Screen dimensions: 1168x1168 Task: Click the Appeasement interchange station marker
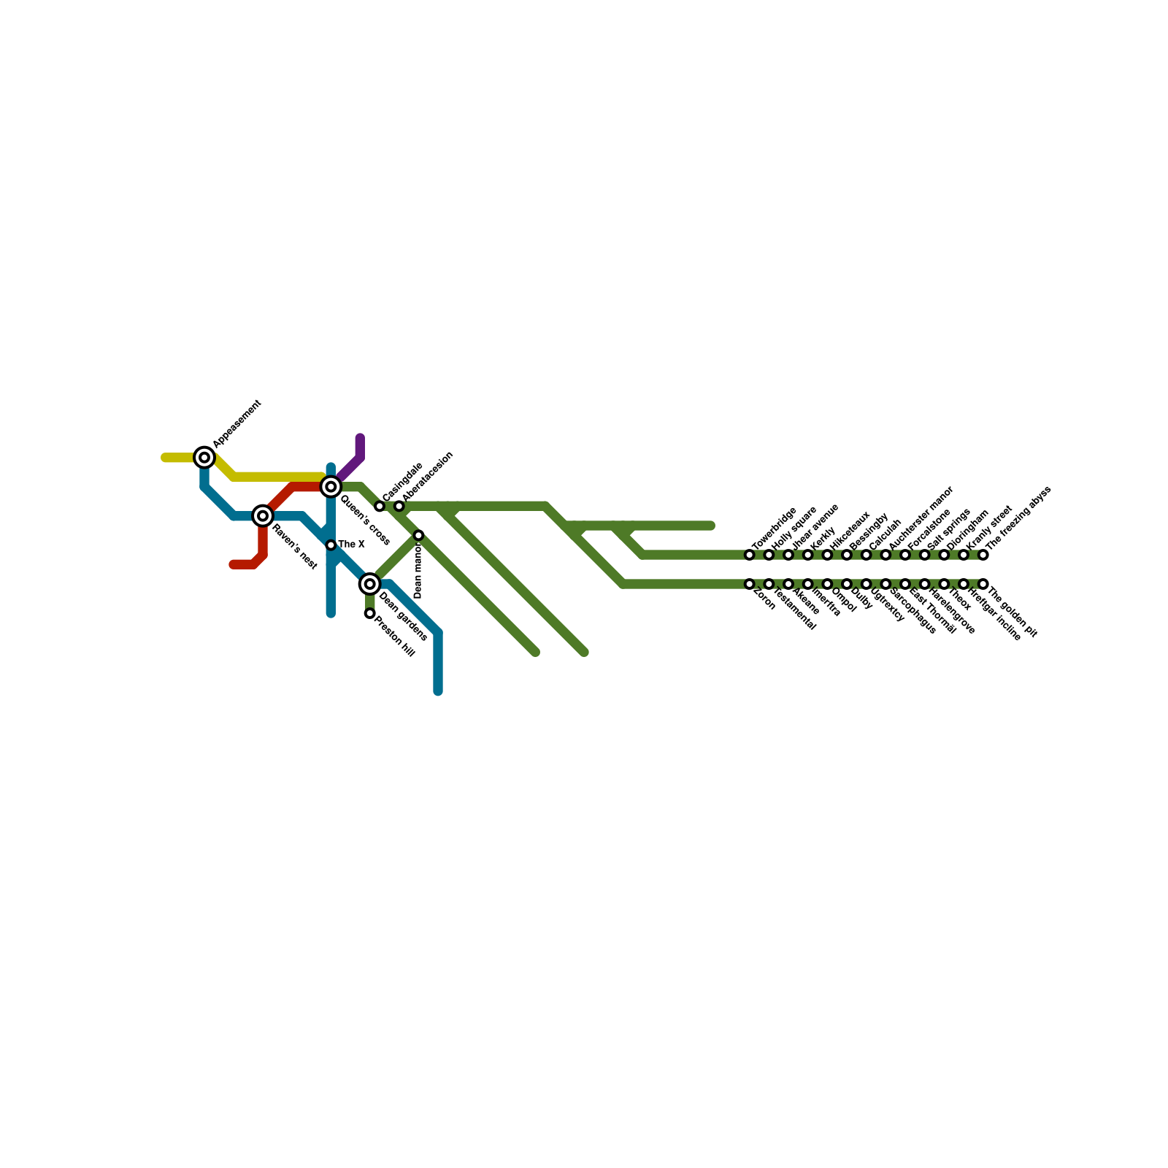click(204, 458)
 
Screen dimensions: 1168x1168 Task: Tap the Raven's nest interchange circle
click(263, 516)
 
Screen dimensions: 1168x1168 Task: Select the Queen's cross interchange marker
click(331, 486)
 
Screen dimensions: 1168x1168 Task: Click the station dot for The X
click(331, 545)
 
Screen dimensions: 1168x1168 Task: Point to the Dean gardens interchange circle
click(370, 584)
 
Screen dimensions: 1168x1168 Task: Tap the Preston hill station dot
click(370, 613)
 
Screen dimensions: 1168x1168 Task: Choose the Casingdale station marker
click(380, 506)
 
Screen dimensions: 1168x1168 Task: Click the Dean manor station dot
click(418, 536)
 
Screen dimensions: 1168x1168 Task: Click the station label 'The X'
click(351, 545)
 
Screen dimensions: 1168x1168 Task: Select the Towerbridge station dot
click(749, 555)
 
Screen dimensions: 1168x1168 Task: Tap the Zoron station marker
click(749, 584)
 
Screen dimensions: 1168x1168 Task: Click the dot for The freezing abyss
click(983, 555)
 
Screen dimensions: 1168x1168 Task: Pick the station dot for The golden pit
click(983, 584)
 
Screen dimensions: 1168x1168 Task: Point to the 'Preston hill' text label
click(395, 637)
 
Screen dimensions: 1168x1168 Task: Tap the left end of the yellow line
click(165, 458)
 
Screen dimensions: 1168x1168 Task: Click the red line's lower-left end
click(233, 564)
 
